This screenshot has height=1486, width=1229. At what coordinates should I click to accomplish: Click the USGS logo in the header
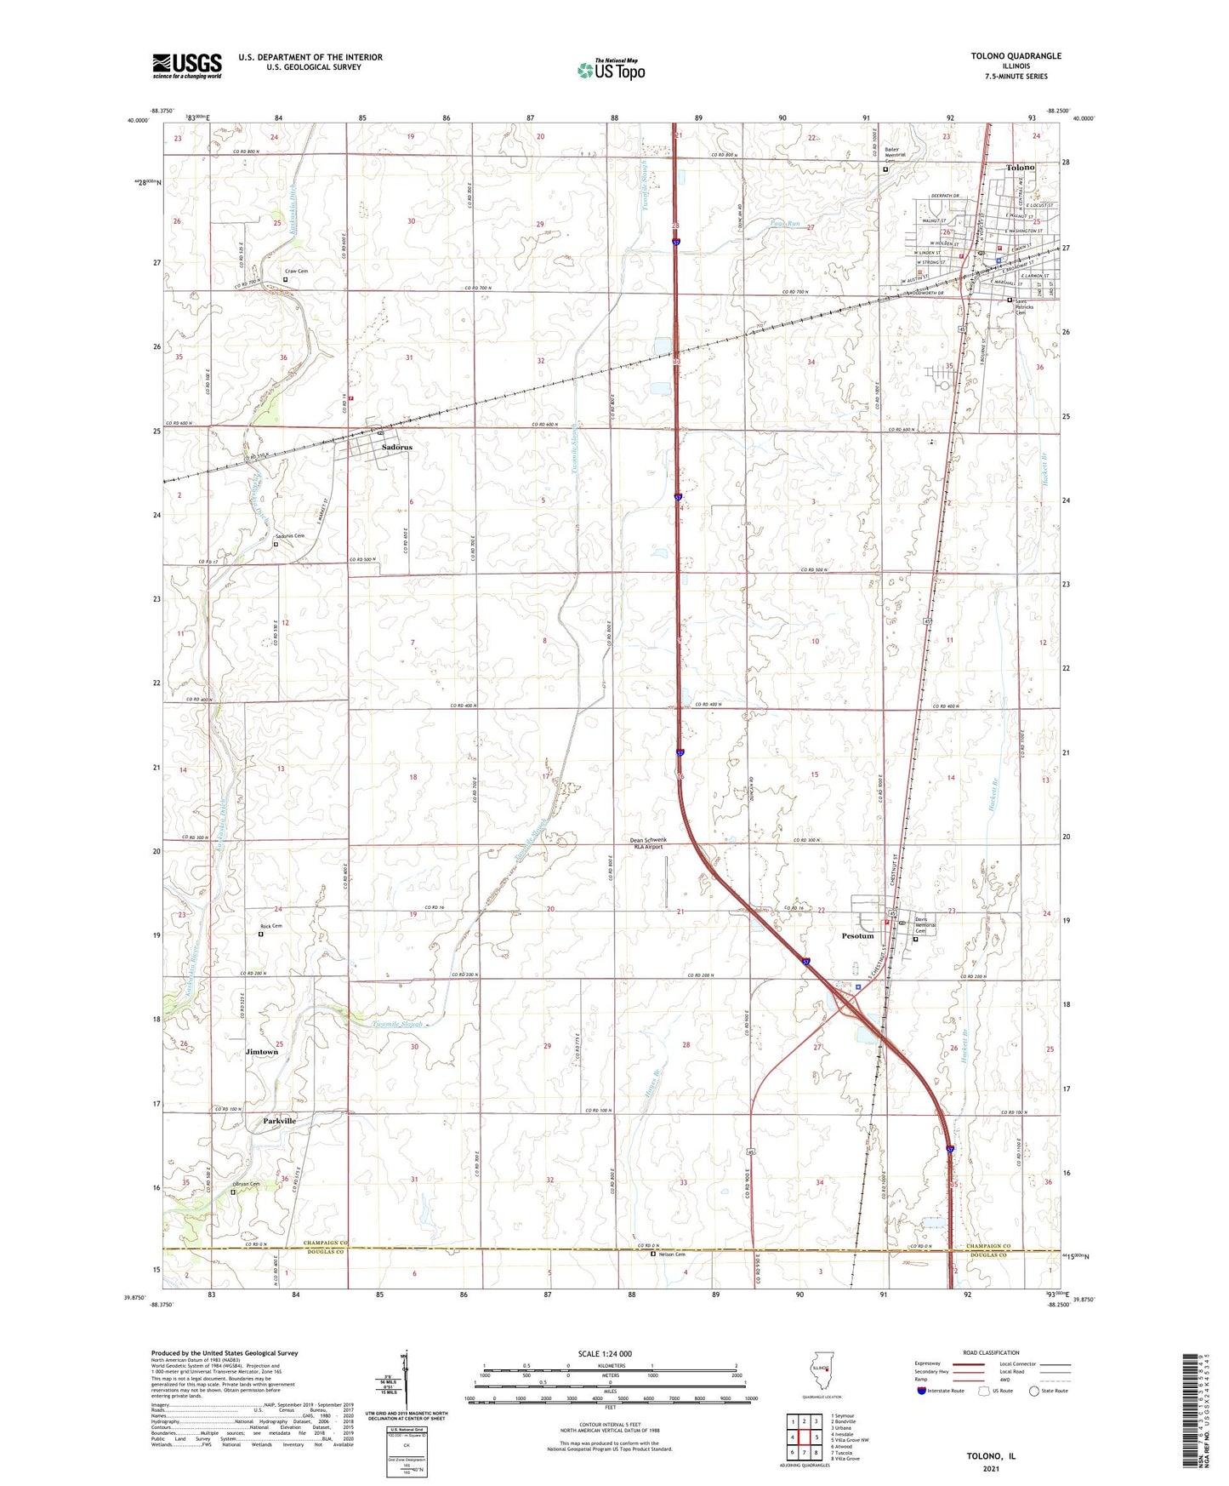pyautogui.click(x=187, y=65)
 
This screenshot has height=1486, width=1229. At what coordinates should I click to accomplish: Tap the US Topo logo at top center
pyautogui.click(x=611, y=70)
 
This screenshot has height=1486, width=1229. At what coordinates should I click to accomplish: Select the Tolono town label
pyautogui.click(x=1020, y=168)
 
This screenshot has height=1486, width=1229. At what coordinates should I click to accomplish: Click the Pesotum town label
pyautogui.click(x=857, y=936)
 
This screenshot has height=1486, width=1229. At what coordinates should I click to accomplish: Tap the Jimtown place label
pyautogui.click(x=262, y=1052)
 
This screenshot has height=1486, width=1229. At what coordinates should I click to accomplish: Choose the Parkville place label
pyautogui.click(x=279, y=1121)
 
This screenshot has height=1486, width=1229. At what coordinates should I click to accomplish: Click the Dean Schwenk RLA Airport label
pyautogui.click(x=648, y=843)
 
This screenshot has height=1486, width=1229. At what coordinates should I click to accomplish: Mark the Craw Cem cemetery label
pyautogui.click(x=296, y=271)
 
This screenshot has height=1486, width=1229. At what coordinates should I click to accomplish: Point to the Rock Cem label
pyautogui.click(x=270, y=926)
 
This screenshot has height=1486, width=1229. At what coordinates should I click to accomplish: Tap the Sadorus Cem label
pyautogui.click(x=289, y=536)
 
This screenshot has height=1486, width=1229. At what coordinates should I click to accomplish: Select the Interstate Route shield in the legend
pyautogui.click(x=923, y=1391)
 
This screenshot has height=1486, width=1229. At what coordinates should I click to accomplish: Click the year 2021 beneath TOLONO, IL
pyautogui.click(x=991, y=1468)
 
